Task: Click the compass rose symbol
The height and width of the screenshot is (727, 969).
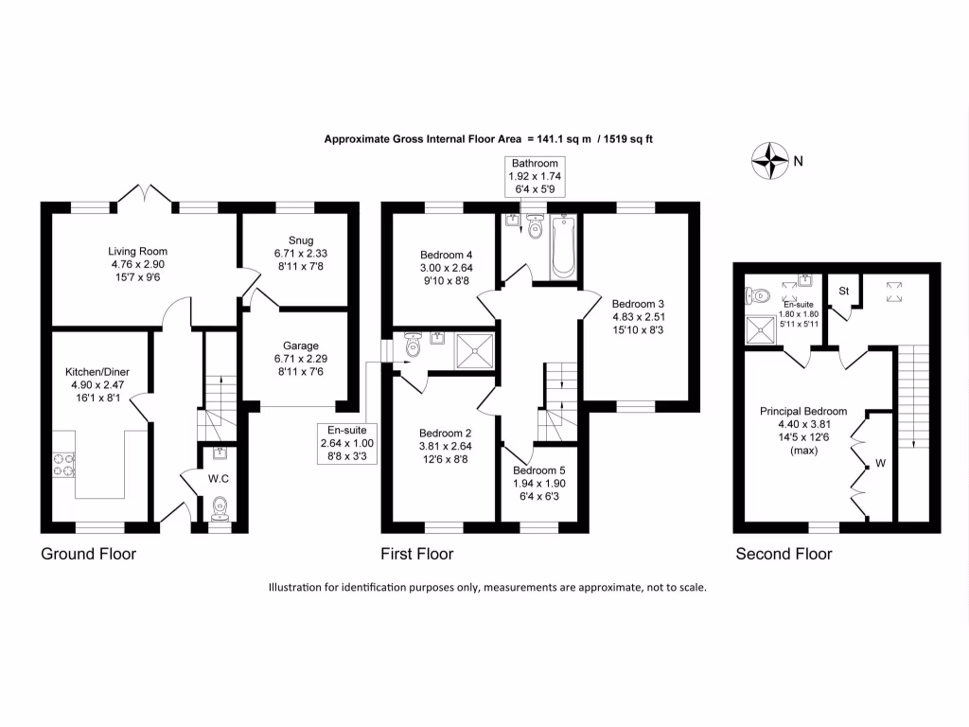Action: click(x=770, y=161)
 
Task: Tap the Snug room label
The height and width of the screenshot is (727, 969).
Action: click(x=301, y=240)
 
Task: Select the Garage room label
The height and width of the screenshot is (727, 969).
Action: click(x=301, y=346)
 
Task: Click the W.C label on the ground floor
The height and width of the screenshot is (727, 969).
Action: click(x=219, y=478)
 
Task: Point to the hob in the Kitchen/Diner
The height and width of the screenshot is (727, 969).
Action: click(x=63, y=465)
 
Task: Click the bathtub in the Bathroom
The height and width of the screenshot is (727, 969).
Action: click(x=563, y=247)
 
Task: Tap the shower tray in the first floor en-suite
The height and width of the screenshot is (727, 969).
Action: click(x=475, y=351)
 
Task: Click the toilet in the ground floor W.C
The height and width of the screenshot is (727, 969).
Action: click(x=220, y=508)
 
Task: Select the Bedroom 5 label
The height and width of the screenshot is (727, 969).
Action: click(x=538, y=470)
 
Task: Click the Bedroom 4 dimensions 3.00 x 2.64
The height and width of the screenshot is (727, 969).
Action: click(x=447, y=268)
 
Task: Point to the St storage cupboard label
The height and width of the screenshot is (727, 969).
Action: click(x=843, y=291)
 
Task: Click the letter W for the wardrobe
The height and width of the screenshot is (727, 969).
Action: click(x=881, y=463)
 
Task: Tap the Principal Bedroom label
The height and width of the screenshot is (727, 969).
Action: click(x=803, y=411)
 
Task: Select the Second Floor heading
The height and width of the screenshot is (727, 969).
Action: click(x=784, y=554)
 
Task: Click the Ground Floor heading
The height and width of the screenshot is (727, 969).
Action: click(x=88, y=554)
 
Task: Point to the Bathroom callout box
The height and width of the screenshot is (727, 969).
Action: click(x=535, y=176)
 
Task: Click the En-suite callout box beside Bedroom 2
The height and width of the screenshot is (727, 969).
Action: click(x=346, y=443)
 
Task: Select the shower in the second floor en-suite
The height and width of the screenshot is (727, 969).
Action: click(x=760, y=330)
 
